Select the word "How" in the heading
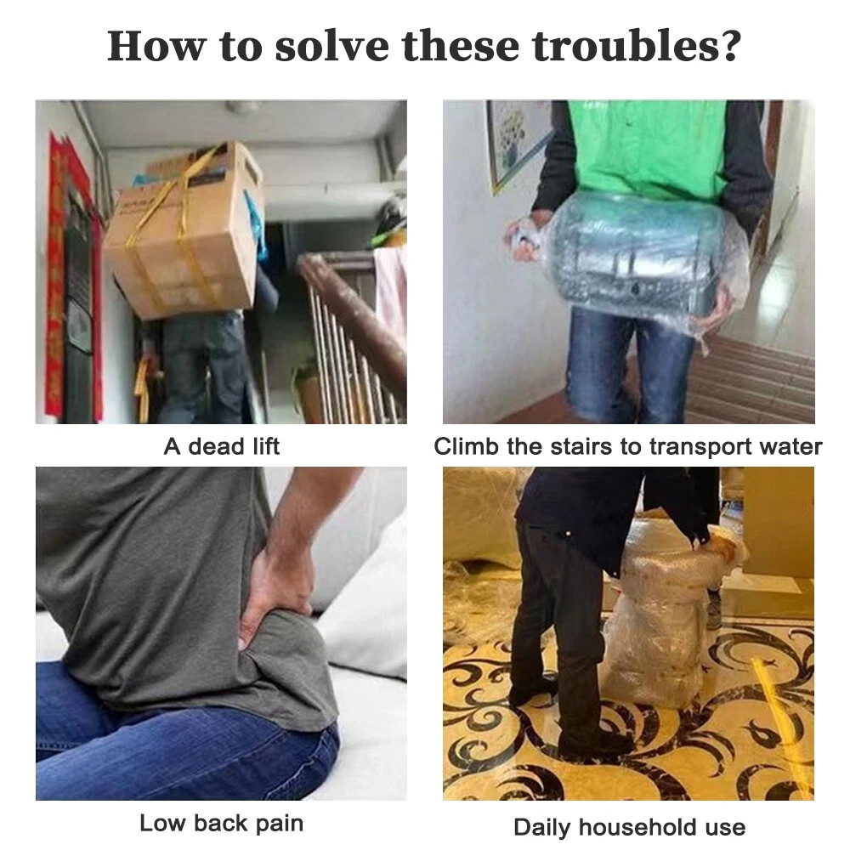[x=156, y=46]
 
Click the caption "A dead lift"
[x=221, y=447]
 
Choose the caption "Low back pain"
[x=221, y=823]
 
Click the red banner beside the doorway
[x=56, y=276]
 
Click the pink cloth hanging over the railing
[x=390, y=287]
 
